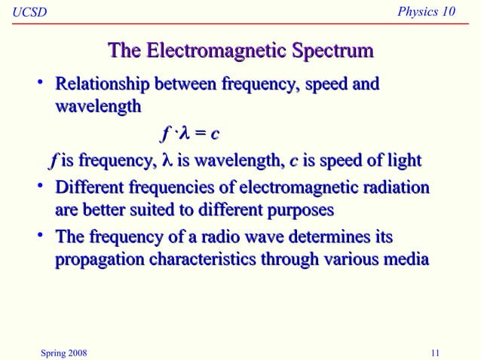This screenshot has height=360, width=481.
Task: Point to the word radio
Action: click(x=213, y=238)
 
